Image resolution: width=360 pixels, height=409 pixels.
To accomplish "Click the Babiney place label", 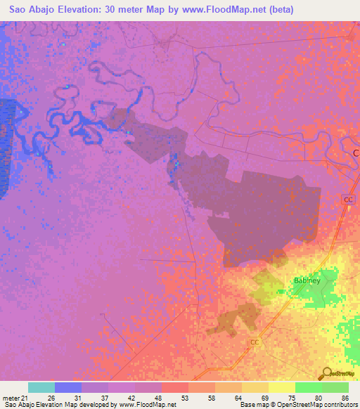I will (307, 280).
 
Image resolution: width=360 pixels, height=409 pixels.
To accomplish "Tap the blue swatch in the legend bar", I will (68, 387).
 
